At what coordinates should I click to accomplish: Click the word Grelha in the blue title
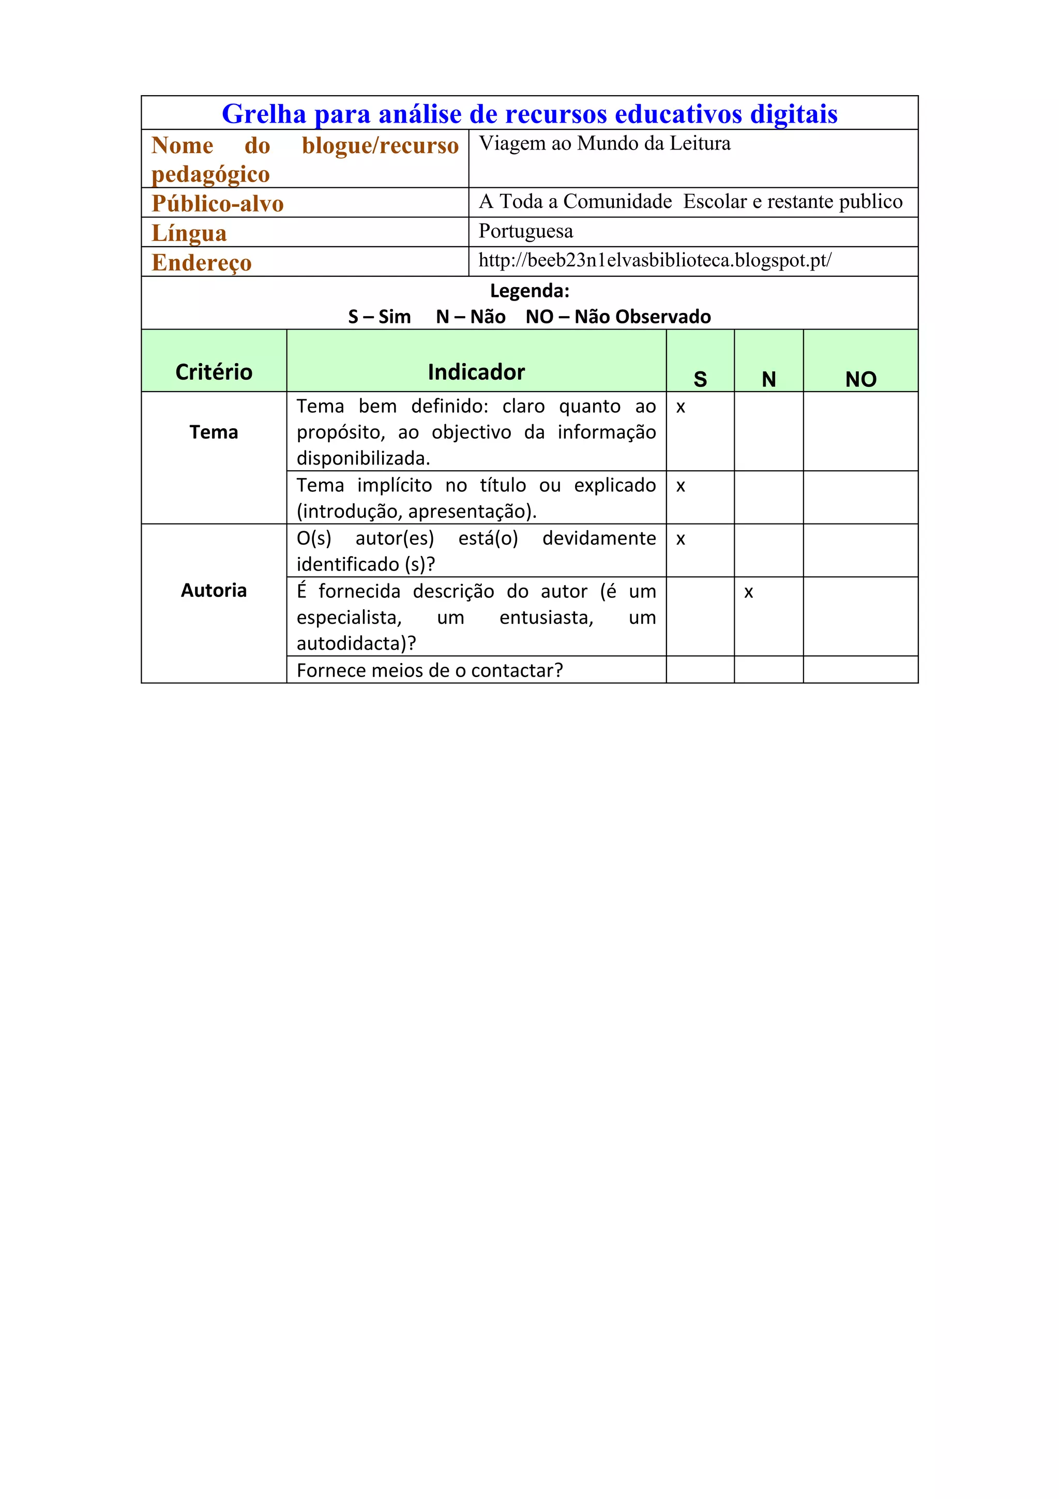pos(264,114)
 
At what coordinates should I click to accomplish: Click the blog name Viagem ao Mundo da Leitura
pos(604,144)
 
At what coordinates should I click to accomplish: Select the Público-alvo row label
pos(217,204)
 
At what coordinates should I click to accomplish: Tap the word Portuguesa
pos(525,231)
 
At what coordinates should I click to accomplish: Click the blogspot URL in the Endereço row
pos(655,261)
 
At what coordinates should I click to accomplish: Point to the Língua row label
pos(189,233)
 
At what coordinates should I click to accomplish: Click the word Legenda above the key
pos(529,291)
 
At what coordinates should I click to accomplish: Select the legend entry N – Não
pos(471,317)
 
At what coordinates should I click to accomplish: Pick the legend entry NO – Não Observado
pos(618,317)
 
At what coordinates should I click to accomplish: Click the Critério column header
pos(214,372)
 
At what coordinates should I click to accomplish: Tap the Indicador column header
pos(476,372)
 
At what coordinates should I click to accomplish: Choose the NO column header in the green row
pos(860,379)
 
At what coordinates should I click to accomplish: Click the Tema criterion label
pos(214,432)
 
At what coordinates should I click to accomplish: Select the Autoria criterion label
pos(214,591)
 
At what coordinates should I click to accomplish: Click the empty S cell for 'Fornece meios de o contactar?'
pos(700,670)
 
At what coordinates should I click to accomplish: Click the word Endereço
pos(202,262)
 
